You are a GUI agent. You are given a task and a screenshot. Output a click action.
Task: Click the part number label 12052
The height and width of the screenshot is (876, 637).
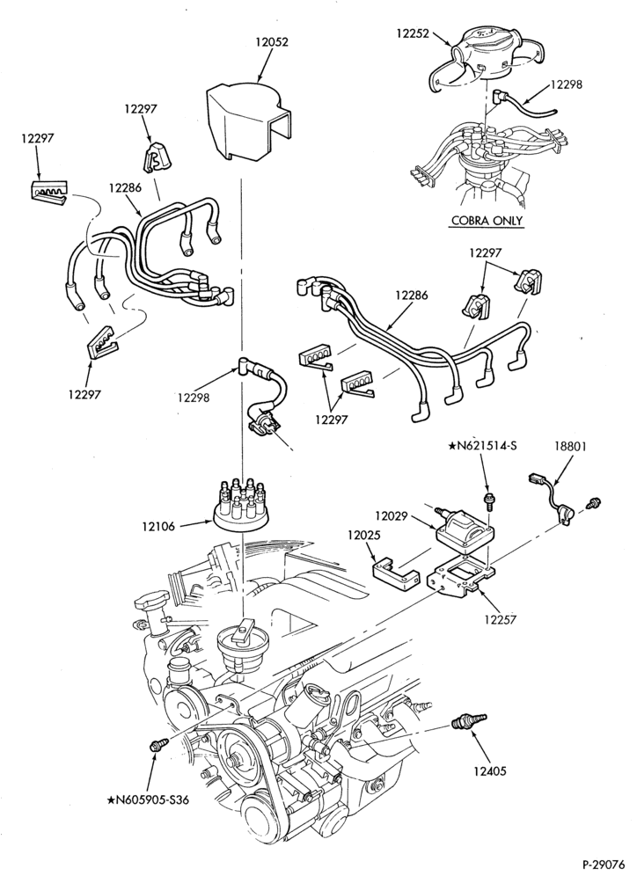272,42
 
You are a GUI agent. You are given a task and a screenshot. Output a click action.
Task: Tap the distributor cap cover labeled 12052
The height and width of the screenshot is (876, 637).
249,122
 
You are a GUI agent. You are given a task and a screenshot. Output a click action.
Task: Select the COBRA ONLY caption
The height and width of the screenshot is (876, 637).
487,220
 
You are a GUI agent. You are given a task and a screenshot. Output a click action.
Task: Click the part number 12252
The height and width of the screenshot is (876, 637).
413,33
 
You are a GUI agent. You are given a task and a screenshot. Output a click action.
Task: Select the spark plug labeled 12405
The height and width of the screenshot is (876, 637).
468,721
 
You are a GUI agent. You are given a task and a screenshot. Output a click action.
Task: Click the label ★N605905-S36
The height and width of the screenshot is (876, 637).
148,800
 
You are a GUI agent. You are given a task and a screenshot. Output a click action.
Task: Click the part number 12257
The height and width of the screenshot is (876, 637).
501,619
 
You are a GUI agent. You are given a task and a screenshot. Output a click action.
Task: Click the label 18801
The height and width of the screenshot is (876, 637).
570,447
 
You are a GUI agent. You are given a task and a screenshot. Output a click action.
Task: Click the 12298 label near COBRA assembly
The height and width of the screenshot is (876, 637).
566,84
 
